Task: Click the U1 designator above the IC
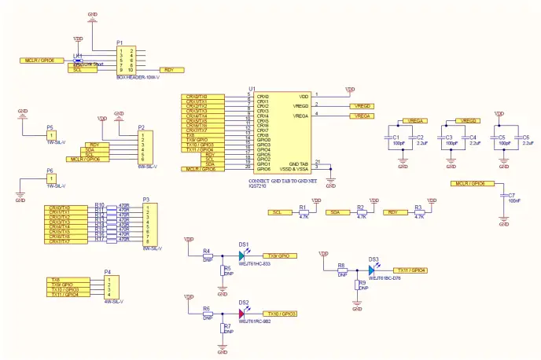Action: [252, 88]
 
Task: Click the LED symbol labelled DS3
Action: [370, 270]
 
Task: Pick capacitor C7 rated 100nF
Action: [504, 197]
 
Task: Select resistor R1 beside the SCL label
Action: [304, 212]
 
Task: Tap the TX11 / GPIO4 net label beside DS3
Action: [410, 270]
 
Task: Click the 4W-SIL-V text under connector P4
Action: [114, 301]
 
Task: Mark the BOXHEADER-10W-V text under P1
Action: [138, 77]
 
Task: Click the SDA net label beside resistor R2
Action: [335, 212]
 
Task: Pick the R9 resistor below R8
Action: [357, 285]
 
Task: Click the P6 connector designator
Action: [50, 170]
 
